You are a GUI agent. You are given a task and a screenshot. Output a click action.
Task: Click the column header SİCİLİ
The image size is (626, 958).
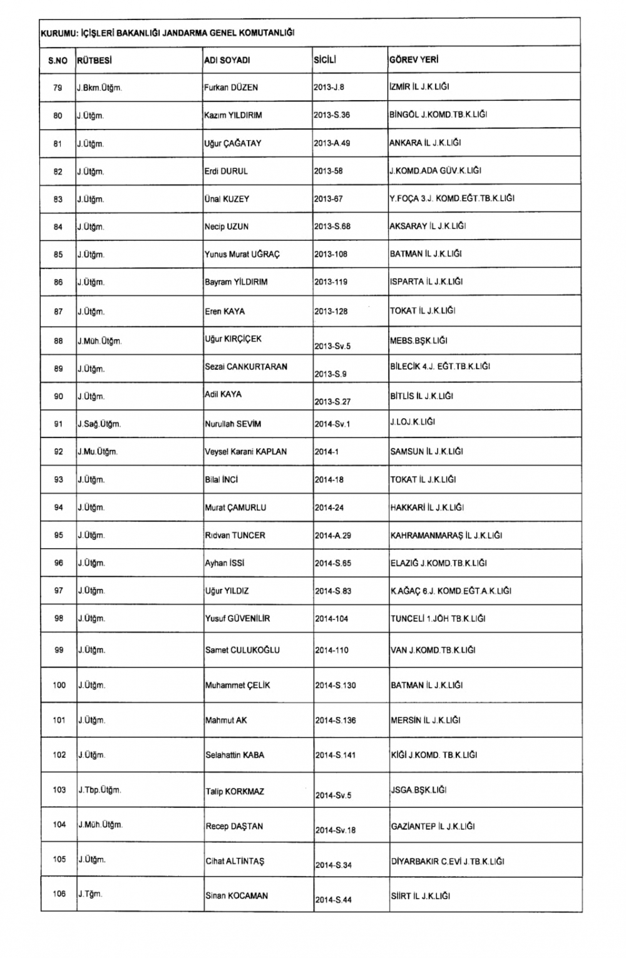coord(325,60)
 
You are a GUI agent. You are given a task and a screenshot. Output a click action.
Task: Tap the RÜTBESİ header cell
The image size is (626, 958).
coord(94,60)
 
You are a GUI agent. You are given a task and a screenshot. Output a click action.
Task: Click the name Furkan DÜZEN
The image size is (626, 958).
coord(231,88)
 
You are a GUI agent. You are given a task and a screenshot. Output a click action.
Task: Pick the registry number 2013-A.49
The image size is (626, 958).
coord(332,143)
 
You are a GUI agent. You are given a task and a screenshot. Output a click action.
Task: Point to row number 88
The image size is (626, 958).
coord(58,341)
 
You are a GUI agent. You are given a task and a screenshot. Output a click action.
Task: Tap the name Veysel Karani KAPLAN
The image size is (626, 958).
coord(246,452)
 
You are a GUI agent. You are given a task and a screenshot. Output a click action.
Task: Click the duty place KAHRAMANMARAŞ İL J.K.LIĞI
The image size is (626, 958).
coord(446,536)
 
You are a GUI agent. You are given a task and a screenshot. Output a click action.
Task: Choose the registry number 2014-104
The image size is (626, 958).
coord(332,619)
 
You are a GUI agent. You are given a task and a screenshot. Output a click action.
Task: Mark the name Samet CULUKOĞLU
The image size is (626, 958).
coord(242,650)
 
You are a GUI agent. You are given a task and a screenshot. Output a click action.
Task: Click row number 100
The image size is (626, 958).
coord(59,685)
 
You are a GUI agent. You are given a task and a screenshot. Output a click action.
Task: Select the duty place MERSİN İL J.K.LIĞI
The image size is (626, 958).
coord(425,720)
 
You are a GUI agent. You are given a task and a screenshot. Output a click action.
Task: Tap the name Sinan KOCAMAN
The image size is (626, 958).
coord(237,896)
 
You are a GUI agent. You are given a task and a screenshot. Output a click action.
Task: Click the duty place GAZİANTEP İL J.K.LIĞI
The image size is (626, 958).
coord(433,827)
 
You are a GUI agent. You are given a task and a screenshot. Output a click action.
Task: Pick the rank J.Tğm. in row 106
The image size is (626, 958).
coord(90,894)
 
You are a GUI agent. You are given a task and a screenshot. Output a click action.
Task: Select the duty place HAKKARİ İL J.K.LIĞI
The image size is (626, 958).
coord(427,507)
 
